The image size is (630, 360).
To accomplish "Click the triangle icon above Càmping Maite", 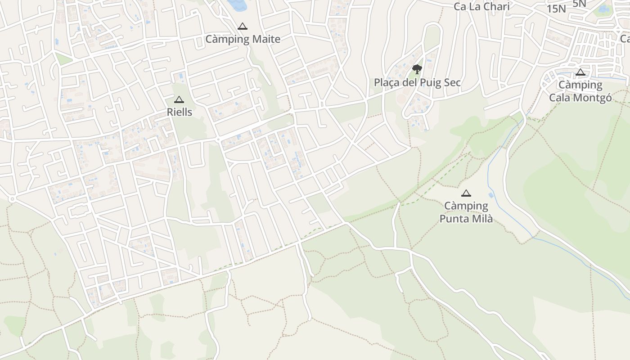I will (243, 26).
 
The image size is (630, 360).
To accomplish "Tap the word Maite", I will (266, 39).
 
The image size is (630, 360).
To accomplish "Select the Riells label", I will (180, 112).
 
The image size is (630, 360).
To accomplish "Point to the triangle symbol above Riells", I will (179, 99).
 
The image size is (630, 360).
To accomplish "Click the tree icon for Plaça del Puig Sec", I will (417, 69).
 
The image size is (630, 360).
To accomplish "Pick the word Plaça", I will (388, 83).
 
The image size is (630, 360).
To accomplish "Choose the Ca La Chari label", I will (481, 7).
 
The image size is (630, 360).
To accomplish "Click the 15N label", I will (556, 9).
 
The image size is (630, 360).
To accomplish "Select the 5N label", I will (580, 3).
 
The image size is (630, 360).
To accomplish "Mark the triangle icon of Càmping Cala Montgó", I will (580, 72).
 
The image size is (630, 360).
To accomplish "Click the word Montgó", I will (590, 98).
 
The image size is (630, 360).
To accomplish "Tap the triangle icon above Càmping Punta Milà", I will (466, 193).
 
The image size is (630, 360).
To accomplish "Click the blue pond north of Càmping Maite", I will (237, 5).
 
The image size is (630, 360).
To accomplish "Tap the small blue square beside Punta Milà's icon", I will (490, 195).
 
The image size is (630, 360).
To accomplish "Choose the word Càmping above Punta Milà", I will (466, 206).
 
